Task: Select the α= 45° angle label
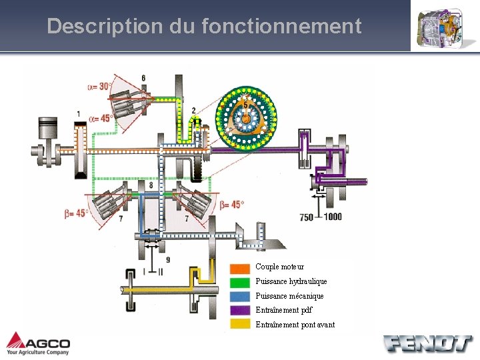[x=100, y=119]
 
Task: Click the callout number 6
[x=143, y=79]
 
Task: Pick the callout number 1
[x=79, y=114]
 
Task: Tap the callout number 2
[x=193, y=111]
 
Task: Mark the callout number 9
[x=167, y=259]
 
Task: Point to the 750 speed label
[x=306, y=217]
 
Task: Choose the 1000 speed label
[x=333, y=217]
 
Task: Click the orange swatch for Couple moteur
[x=239, y=268]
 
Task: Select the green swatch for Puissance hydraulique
[x=239, y=282]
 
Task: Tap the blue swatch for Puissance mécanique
[x=239, y=296]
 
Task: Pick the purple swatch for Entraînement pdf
[x=239, y=310]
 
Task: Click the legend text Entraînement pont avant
[x=295, y=325]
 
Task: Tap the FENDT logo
[x=427, y=344]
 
